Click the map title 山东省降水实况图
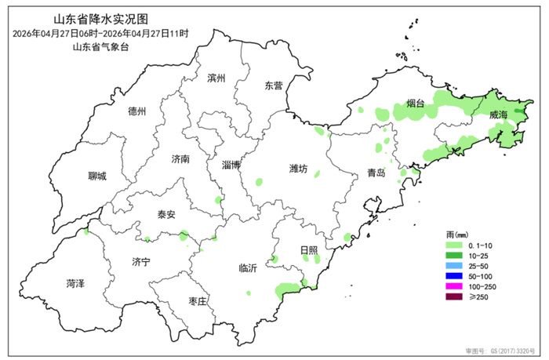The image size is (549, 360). (x=100, y=19)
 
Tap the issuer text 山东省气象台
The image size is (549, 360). (x=100, y=48)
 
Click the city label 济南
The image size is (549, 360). (x=180, y=158)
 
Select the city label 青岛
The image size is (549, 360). (x=376, y=173)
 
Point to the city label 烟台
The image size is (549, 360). (x=416, y=103)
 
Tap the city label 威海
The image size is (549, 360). (x=498, y=115)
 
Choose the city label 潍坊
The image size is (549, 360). (x=299, y=169)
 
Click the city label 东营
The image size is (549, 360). (x=274, y=85)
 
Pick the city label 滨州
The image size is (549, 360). (x=216, y=78)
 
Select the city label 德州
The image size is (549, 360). (x=136, y=111)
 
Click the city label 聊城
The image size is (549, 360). (x=97, y=176)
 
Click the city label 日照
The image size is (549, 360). (x=309, y=250)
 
